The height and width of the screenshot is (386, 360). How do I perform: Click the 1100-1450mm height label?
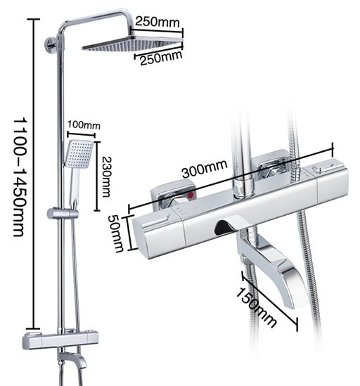[x=19, y=176]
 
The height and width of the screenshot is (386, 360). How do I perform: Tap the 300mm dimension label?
[x=205, y=169]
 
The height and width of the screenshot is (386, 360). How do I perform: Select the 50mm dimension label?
[x=116, y=233]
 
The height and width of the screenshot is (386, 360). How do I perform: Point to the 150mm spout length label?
[x=256, y=308]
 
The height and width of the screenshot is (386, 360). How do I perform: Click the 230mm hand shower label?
[x=106, y=176]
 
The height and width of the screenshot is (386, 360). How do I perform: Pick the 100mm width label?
[x=84, y=125]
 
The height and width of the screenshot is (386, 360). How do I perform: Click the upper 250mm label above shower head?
[x=157, y=22]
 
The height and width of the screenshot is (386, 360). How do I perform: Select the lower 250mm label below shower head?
[x=161, y=58]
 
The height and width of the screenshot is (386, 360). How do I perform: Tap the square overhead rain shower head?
[x=132, y=44]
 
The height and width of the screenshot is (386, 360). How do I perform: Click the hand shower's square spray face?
[x=79, y=154]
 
